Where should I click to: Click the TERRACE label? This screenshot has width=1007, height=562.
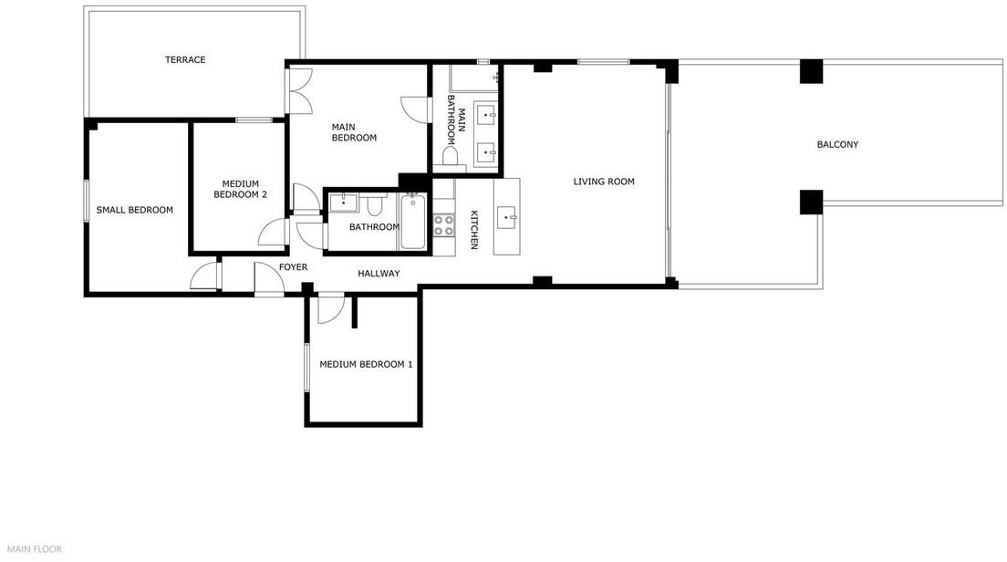point(185,59)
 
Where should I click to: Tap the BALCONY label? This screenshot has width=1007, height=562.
point(837,144)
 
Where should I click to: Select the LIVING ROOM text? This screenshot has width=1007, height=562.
point(604,182)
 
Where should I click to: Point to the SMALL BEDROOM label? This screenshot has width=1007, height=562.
point(134,210)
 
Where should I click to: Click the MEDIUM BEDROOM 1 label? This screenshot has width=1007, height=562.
point(366,364)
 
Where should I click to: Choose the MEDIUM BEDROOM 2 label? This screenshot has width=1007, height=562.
point(240,189)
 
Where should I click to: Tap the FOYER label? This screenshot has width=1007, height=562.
point(293,267)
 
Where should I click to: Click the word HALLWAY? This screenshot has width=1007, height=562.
point(379,274)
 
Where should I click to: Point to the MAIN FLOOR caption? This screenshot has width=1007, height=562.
point(35,549)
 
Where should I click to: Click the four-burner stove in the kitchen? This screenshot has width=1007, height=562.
point(444,225)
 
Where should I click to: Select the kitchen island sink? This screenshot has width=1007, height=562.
point(507,217)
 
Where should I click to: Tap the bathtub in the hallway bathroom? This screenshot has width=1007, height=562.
point(411,221)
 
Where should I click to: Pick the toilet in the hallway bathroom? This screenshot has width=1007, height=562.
point(374,205)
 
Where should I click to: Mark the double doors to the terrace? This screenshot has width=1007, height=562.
point(299,90)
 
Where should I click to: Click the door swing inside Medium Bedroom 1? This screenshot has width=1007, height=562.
point(332,307)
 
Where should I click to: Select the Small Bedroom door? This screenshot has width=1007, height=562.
point(205,276)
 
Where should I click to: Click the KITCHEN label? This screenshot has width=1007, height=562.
point(474,230)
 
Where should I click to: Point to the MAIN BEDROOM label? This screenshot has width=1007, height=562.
point(354,132)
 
